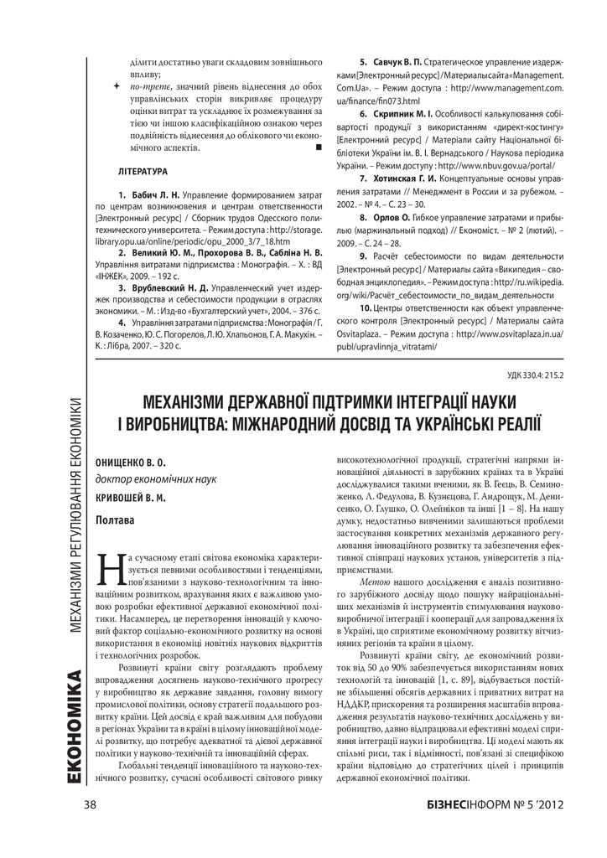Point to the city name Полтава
click(x=116, y=520)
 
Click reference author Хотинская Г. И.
click(x=400, y=179)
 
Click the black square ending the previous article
click(x=319, y=147)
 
